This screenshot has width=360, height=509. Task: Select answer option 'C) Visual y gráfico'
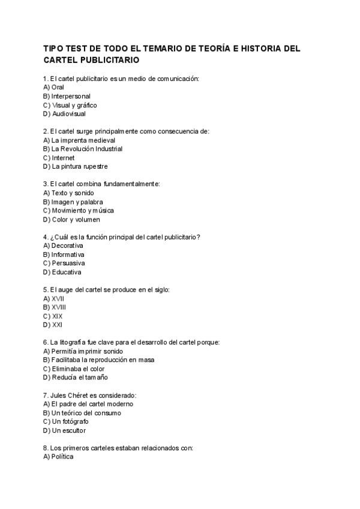(x=70, y=105)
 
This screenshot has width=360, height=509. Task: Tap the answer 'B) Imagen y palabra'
(x=73, y=202)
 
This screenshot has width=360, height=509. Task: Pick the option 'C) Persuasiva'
(x=64, y=263)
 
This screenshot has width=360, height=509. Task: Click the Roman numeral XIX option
(x=53, y=316)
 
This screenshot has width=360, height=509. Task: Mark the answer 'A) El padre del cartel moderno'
(x=88, y=404)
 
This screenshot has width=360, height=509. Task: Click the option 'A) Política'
(x=58, y=457)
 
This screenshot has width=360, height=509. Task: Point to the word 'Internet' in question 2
(x=63, y=158)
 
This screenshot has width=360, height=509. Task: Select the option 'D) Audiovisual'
(x=65, y=113)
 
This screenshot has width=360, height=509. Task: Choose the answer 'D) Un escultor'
(x=64, y=430)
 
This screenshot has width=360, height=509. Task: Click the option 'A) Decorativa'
(x=63, y=245)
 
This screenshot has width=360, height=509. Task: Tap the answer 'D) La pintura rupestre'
(x=76, y=166)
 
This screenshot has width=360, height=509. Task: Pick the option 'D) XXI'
(x=53, y=325)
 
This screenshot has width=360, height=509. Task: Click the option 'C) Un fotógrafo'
(x=67, y=421)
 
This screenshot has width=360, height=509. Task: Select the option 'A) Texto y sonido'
(x=68, y=193)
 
